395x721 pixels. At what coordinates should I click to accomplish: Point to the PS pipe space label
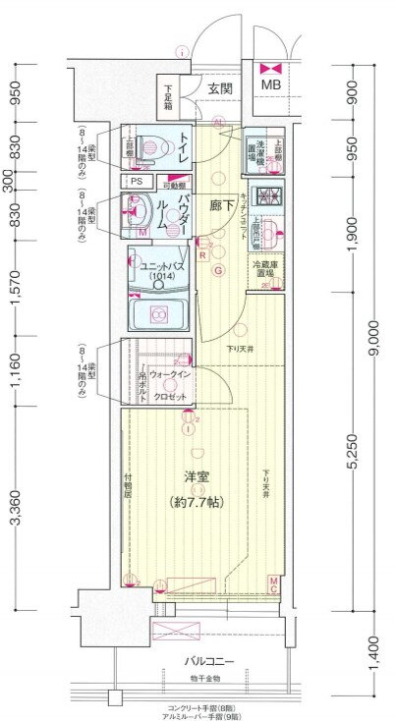point(136,182)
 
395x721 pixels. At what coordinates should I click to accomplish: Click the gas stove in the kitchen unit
point(265,196)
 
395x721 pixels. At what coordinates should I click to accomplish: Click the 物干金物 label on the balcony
point(204,678)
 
